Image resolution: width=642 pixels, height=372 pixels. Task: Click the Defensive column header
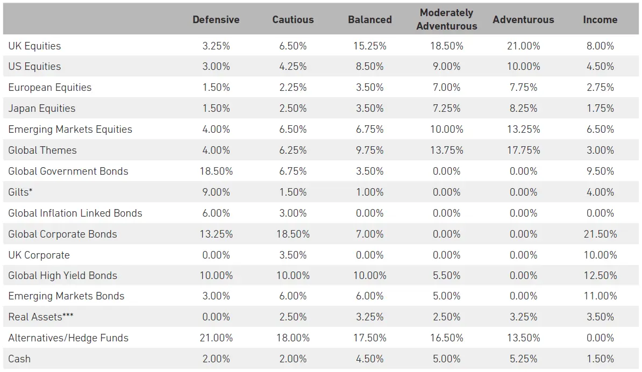pyautogui.click(x=216, y=19)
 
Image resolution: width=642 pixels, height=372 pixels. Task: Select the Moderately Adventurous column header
pyautogui.click(x=446, y=19)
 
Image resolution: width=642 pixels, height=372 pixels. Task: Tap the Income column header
pyautogui.click(x=600, y=19)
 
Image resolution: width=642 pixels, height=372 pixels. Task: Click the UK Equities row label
pyautogui.click(x=34, y=46)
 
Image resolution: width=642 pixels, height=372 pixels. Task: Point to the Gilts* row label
pyautogui.click(x=21, y=192)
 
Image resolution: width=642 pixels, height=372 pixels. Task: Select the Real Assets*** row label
pyautogui.click(x=41, y=317)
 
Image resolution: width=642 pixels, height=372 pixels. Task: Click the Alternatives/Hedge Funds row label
pyautogui.click(x=68, y=338)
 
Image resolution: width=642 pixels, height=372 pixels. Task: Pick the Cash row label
pyautogui.click(x=19, y=359)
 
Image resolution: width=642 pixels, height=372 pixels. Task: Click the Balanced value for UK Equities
pyautogui.click(x=369, y=46)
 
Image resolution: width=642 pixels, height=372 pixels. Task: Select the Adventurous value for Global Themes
pyautogui.click(x=523, y=150)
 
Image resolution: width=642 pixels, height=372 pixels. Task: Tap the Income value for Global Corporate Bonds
pyautogui.click(x=600, y=234)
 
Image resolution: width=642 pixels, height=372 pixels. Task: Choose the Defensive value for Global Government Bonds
pyautogui.click(x=216, y=171)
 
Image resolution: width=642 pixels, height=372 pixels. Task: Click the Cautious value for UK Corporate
pyautogui.click(x=293, y=255)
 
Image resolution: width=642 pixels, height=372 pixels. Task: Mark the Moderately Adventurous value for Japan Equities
pyautogui.click(x=446, y=108)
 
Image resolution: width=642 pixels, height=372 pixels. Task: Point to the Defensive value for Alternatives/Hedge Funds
pyautogui.click(x=216, y=338)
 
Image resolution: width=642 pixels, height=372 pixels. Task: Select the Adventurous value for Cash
pyautogui.click(x=523, y=359)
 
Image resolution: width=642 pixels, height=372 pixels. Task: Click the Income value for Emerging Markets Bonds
pyautogui.click(x=600, y=296)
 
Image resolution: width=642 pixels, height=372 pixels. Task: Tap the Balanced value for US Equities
pyautogui.click(x=369, y=67)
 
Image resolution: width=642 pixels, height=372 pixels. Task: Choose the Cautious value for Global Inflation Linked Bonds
pyautogui.click(x=293, y=213)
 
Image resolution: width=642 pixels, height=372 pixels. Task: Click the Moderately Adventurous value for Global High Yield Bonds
pyautogui.click(x=446, y=275)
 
